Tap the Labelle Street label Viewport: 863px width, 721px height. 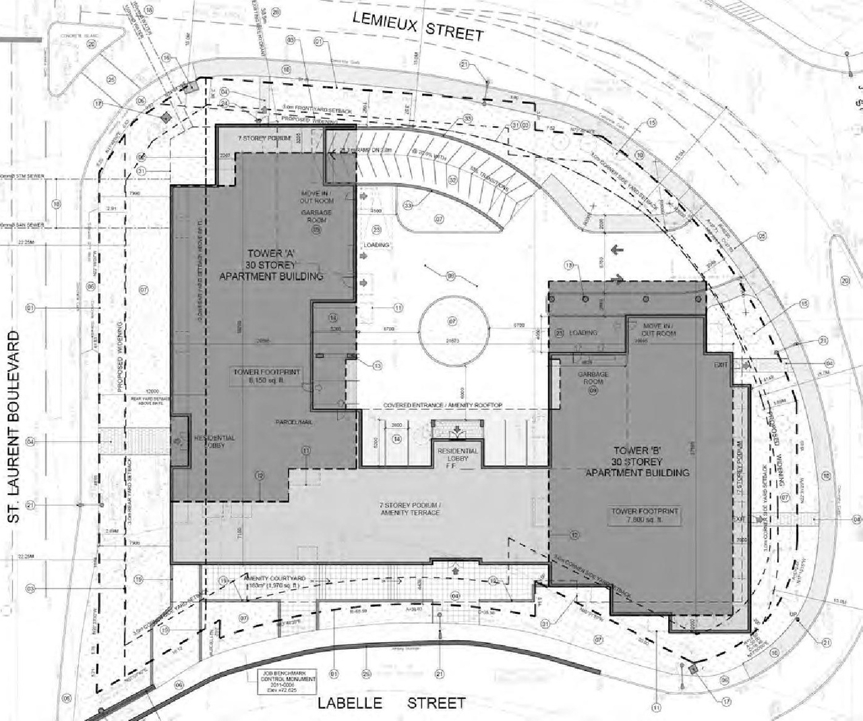[392, 703]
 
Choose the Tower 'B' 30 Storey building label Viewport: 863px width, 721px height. [637, 461]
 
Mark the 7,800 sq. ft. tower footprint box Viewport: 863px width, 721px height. [644, 516]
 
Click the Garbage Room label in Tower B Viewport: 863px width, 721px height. [593, 378]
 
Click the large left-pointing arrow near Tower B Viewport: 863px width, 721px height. [617, 250]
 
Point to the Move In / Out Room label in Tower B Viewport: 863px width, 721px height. [658, 329]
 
